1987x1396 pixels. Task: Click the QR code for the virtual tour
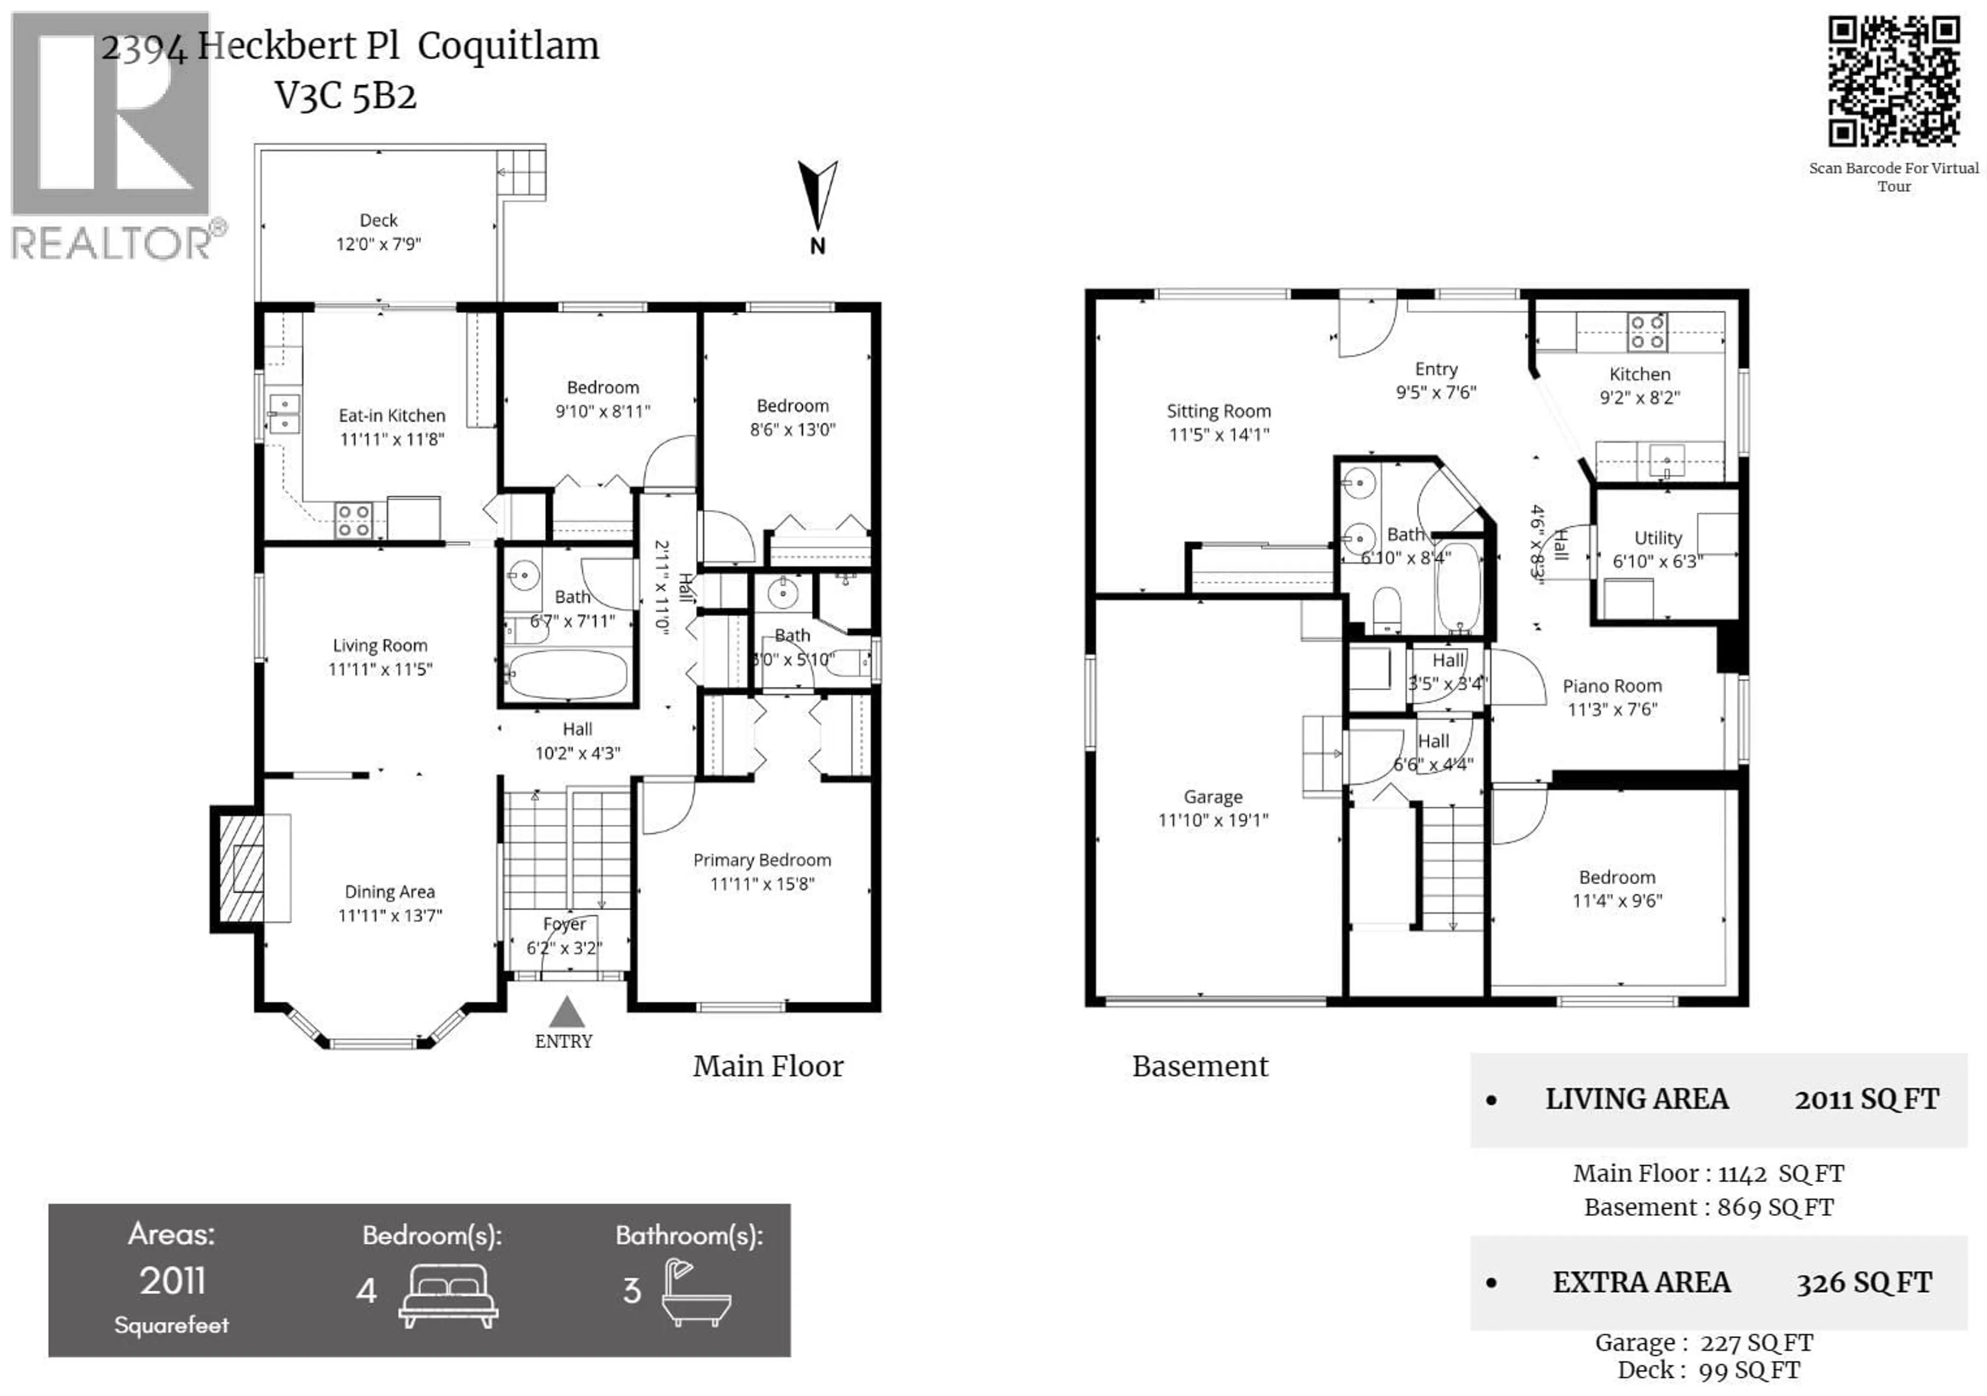point(1893,82)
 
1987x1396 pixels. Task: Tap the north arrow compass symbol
point(817,197)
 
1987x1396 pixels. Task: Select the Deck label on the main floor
point(378,220)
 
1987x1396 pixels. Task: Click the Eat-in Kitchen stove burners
point(353,520)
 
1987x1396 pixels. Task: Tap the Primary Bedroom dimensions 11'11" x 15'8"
point(762,884)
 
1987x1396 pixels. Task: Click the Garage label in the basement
point(1212,796)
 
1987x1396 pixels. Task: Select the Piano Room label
point(1611,686)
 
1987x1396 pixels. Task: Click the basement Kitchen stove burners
point(1646,332)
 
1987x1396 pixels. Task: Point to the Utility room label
point(1657,538)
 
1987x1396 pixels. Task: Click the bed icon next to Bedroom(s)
point(448,1295)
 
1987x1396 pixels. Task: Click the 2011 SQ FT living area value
point(1866,1099)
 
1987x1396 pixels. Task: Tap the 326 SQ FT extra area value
point(1864,1283)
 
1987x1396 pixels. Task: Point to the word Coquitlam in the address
point(508,46)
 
